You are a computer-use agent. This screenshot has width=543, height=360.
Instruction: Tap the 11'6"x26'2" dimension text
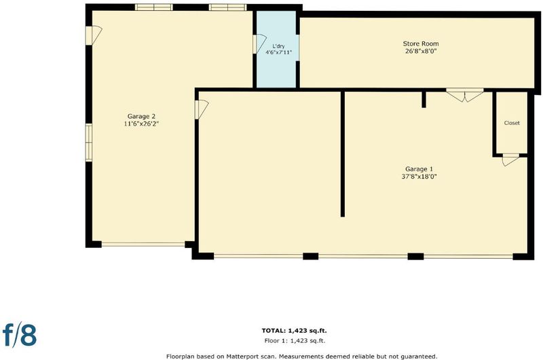pyautogui.click(x=141, y=124)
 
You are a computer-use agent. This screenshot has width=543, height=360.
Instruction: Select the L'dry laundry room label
pyautogui.click(x=278, y=46)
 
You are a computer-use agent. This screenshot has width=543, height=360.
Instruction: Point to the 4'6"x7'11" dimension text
pyautogui.click(x=278, y=52)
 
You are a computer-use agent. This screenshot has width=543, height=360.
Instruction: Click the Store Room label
pyautogui.click(x=421, y=43)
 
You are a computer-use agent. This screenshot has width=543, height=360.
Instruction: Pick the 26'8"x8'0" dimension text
pyautogui.click(x=421, y=51)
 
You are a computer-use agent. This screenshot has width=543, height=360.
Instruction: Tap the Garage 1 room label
pyautogui.click(x=419, y=169)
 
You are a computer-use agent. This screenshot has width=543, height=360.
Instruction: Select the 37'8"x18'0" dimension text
pyautogui.click(x=419, y=177)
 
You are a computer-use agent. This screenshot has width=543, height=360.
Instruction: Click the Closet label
pyautogui.click(x=512, y=123)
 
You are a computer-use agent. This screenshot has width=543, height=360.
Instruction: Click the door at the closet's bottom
pyautogui.click(x=510, y=160)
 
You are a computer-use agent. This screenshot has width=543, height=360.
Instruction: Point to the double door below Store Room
pyautogui.click(x=465, y=94)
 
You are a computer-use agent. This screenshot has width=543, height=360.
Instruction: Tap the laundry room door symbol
pyautogui.click(x=259, y=44)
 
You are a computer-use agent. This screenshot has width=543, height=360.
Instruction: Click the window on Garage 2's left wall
pyautogui.click(x=89, y=143)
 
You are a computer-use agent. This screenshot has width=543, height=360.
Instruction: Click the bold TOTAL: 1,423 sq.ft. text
pyautogui.click(x=294, y=331)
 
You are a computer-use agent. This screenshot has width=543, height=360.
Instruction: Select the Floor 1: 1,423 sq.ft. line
pyautogui.click(x=295, y=340)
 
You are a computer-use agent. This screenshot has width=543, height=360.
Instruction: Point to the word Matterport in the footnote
pyautogui.click(x=242, y=356)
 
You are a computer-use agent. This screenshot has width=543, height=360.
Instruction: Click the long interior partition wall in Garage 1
pyautogui.click(x=343, y=154)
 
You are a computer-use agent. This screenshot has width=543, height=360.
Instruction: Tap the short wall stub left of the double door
pyautogui.click(x=424, y=99)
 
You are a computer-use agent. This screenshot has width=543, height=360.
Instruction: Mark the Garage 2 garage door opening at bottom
pyautogui.click(x=143, y=245)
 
